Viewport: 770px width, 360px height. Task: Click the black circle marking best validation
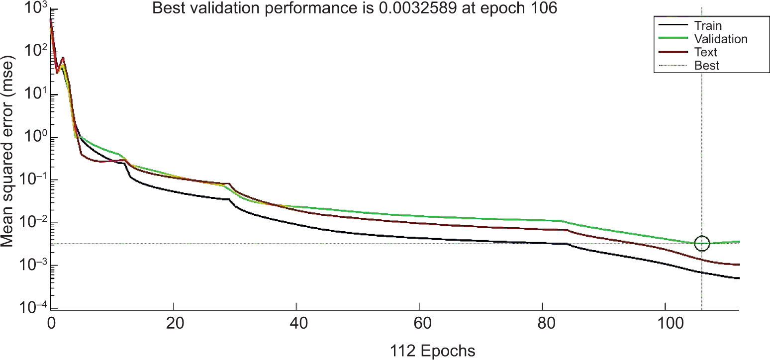[702, 243]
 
